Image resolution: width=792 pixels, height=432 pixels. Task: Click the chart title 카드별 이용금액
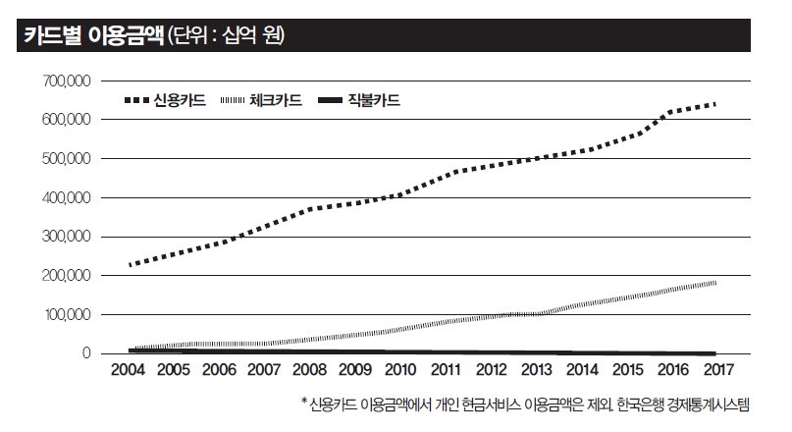pyautogui.click(x=92, y=37)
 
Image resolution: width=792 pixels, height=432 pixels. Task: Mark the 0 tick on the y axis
pyautogui.click(x=86, y=353)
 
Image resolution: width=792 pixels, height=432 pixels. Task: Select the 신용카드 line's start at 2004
pyautogui.click(x=130, y=265)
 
